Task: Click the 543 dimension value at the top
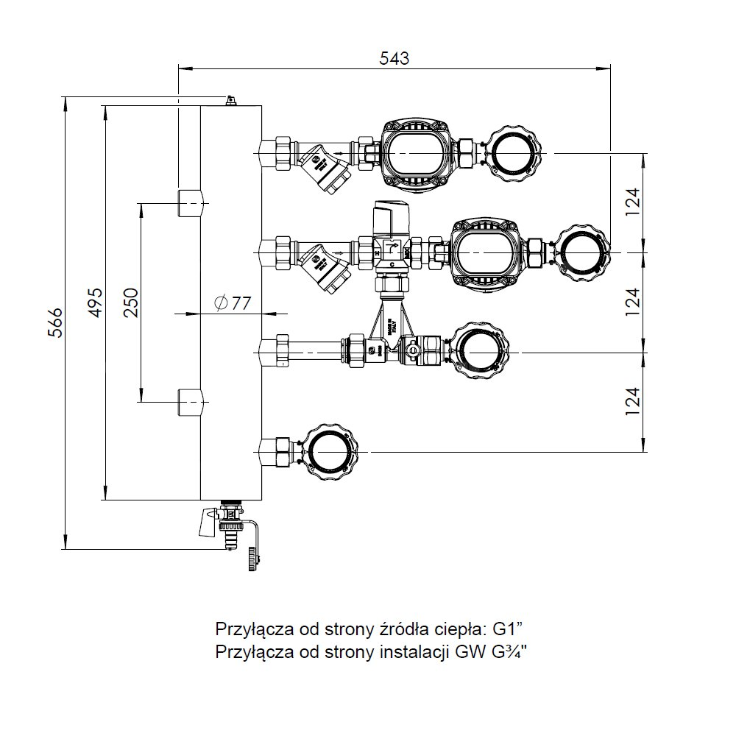click(x=394, y=58)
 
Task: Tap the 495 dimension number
click(x=95, y=302)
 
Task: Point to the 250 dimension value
click(x=130, y=302)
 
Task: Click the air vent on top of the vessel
click(x=230, y=99)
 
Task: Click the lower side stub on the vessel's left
click(x=189, y=403)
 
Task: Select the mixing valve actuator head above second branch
click(x=391, y=214)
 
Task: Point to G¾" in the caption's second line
click(x=506, y=651)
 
